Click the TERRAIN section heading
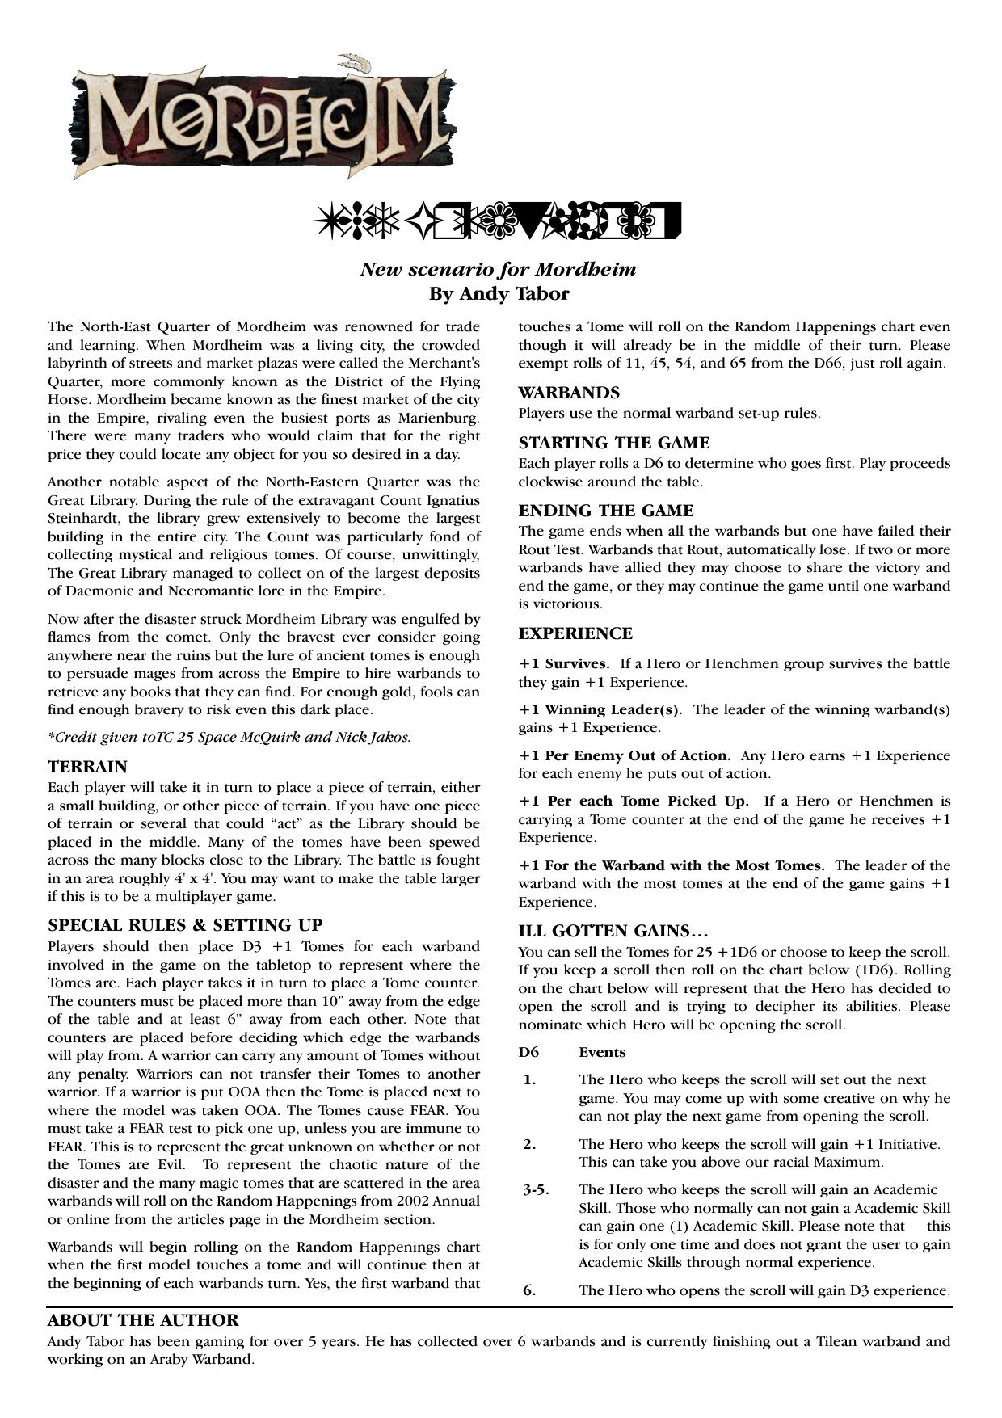pyautogui.click(x=87, y=767)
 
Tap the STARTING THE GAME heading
pyautogui.click(x=614, y=444)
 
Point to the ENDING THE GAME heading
pyautogui.click(x=606, y=511)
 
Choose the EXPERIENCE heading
pyautogui.click(x=575, y=634)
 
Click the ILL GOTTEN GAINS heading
pyautogui.click(x=613, y=932)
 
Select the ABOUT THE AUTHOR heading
pyautogui.click(x=143, y=1321)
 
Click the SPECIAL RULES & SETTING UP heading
pyautogui.click(x=185, y=926)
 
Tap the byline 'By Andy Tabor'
pyautogui.click(x=499, y=294)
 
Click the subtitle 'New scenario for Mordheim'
pyautogui.click(x=498, y=269)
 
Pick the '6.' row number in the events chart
pyautogui.click(x=529, y=1290)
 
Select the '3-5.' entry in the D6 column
pyautogui.click(x=536, y=1190)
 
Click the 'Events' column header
pyautogui.click(x=602, y=1053)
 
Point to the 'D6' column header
pyautogui.click(x=528, y=1053)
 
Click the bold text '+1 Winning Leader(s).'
pyautogui.click(x=600, y=710)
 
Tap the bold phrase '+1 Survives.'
pyautogui.click(x=564, y=664)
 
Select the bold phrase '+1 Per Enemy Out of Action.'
pyautogui.click(x=625, y=756)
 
